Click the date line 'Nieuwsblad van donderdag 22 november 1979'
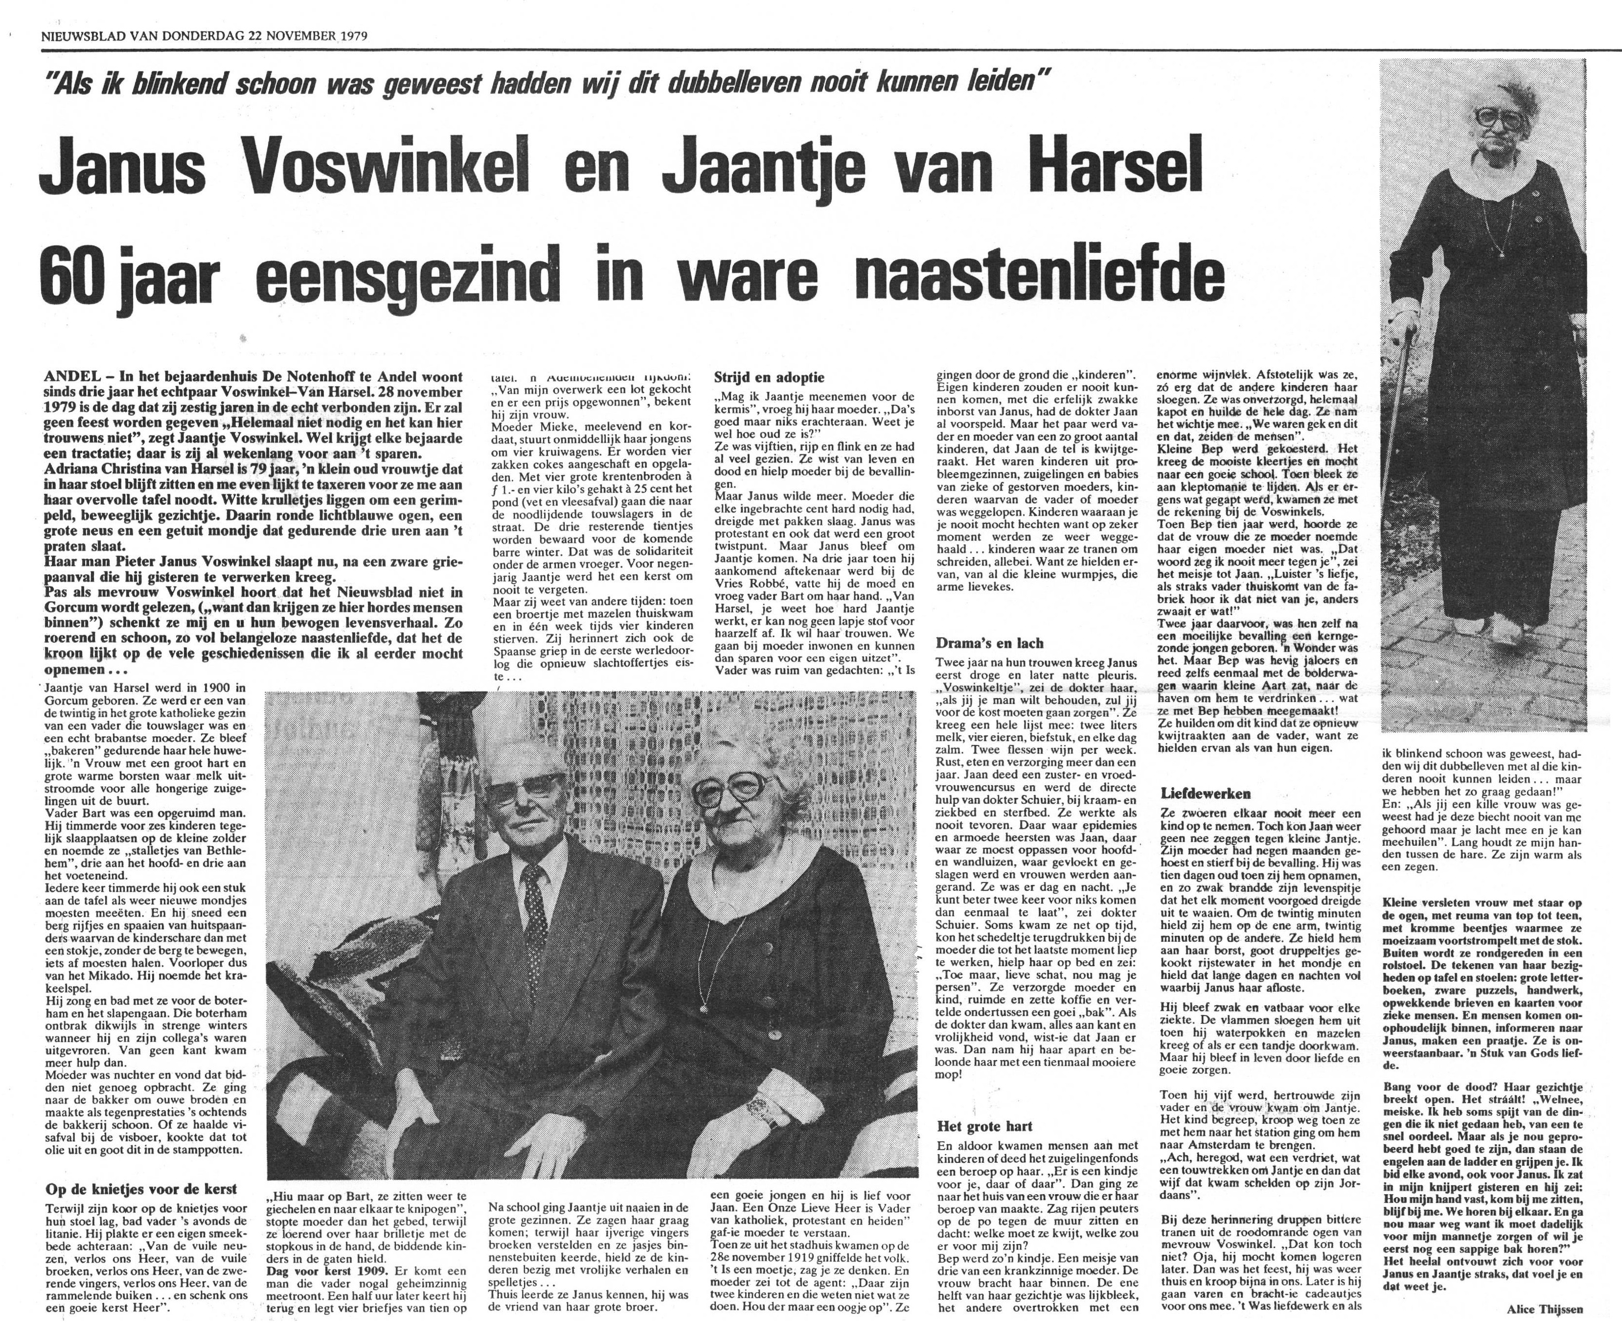point(204,35)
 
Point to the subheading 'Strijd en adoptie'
point(769,377)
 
